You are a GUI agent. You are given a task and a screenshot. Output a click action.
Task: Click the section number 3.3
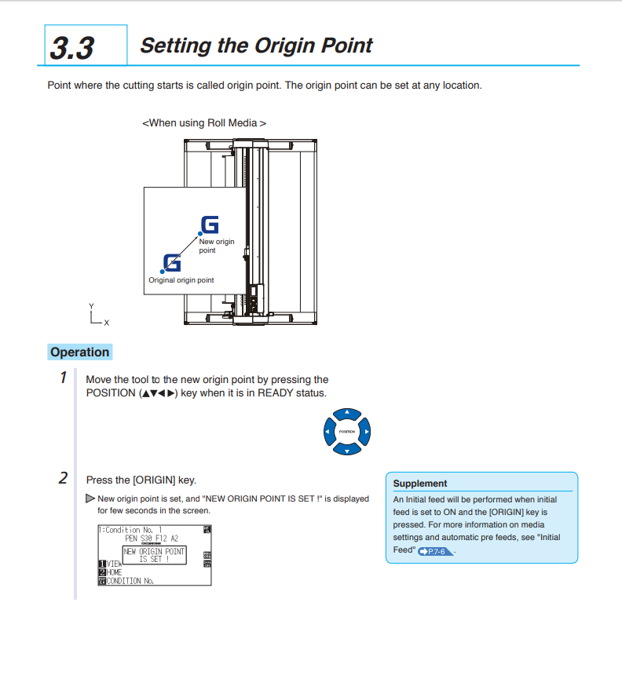72,47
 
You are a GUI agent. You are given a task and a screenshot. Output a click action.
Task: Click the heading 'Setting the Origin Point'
256,46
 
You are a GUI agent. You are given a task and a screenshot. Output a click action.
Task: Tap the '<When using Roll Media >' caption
203,123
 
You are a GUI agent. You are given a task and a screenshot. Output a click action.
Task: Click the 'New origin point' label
216,246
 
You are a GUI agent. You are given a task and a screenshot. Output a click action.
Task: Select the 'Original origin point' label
181,280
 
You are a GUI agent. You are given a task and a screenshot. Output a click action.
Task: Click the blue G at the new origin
210,225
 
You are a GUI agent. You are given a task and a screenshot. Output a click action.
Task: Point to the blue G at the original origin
171,263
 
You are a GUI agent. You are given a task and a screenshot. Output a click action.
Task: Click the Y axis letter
91,306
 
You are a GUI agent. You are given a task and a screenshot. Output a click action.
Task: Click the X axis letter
107,323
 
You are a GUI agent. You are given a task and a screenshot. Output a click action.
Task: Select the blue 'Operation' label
79,352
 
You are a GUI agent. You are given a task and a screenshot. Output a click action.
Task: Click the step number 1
63,378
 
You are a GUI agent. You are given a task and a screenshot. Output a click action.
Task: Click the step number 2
63,478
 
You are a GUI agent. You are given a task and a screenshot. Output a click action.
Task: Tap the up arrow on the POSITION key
346,414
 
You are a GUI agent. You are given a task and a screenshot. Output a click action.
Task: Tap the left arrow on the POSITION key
328,432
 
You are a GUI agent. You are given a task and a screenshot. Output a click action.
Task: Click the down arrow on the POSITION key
346,449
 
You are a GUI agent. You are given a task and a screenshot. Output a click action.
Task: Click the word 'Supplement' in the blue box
420,484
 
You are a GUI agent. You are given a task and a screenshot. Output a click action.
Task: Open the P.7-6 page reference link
434,552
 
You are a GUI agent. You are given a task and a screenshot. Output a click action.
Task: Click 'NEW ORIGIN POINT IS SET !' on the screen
154,555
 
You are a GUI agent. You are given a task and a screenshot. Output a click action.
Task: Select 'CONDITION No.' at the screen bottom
130,581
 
